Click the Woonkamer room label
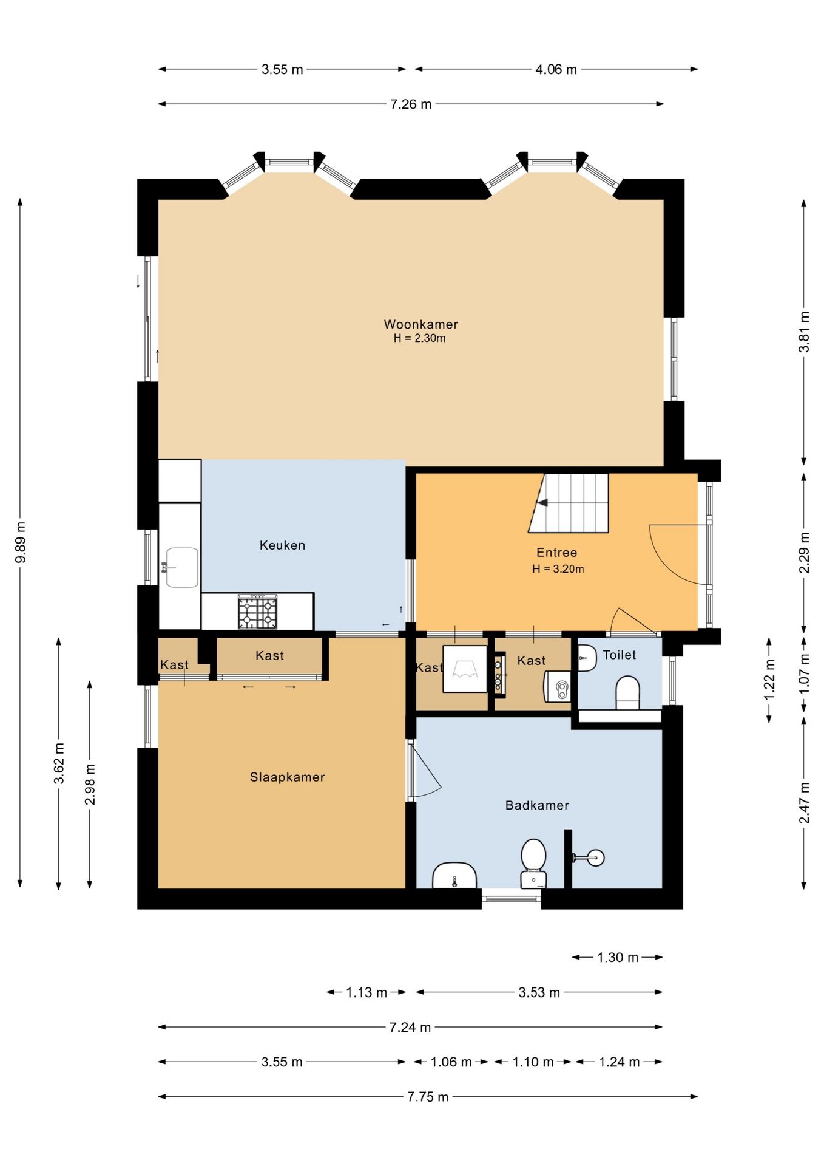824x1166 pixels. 420,324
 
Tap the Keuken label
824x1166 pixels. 282,545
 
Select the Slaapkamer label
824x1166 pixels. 287,777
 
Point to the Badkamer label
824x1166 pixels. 537,805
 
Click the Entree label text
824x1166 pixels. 556,553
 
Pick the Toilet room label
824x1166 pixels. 619,655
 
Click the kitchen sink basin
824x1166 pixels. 182,567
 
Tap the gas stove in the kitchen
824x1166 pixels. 258,612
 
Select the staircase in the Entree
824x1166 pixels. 569,503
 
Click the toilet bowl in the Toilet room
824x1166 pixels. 628,692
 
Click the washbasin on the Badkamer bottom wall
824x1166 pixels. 454,876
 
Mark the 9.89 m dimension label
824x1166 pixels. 21,542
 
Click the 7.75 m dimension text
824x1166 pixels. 428,1097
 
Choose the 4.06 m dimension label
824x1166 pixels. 556,69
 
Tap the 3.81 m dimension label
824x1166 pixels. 804,332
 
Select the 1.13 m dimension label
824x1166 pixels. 366,992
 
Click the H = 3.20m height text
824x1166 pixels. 558,569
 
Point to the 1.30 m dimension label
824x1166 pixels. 618,958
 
